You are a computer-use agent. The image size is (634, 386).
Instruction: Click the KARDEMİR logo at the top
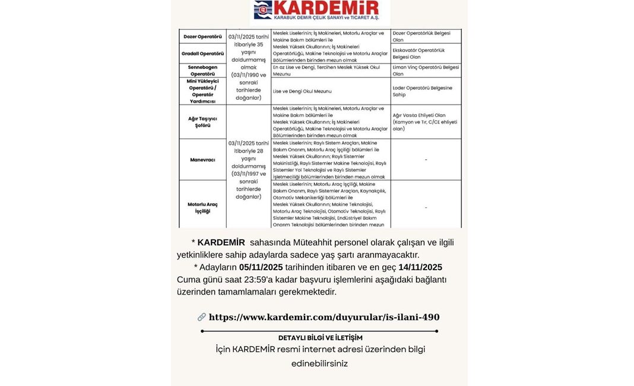coord(316,10)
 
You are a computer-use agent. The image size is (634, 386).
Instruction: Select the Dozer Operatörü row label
coord(202,37)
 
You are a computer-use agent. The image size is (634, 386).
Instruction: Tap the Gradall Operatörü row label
coord(202,53)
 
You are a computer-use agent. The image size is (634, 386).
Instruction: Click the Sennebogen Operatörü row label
coord(202,71)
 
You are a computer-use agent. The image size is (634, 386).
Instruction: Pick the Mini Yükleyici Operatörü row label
coord(202,91)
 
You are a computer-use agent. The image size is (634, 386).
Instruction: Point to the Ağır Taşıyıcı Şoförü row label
coord(202,122)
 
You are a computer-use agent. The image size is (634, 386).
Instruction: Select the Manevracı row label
coord(202,160)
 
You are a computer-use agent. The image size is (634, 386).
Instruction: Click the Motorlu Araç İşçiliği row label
coord(202,207)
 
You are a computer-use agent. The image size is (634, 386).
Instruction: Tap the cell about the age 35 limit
coord(249,67)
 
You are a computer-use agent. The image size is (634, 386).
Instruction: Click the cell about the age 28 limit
coord(249,169)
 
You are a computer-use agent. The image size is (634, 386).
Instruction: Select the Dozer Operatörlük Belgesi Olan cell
coord(426,37)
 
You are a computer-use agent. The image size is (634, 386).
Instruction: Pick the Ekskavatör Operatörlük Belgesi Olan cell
coord(426,53)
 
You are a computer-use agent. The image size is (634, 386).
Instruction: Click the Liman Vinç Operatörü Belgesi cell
coord(426,71)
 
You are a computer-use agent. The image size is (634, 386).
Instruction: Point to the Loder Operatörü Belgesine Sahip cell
coord(426,91)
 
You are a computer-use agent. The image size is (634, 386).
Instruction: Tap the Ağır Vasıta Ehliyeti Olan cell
coord(426,122)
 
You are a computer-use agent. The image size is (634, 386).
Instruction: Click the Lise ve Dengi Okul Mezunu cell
coord(302,91)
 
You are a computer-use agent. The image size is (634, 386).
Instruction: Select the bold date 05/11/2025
coord(261,267)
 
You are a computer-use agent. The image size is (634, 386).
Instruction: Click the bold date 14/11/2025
coord(420,267)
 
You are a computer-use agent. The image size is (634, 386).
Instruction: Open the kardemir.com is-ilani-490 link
coord(324,317)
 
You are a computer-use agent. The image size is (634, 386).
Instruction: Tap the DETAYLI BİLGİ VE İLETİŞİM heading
coord(320,337)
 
